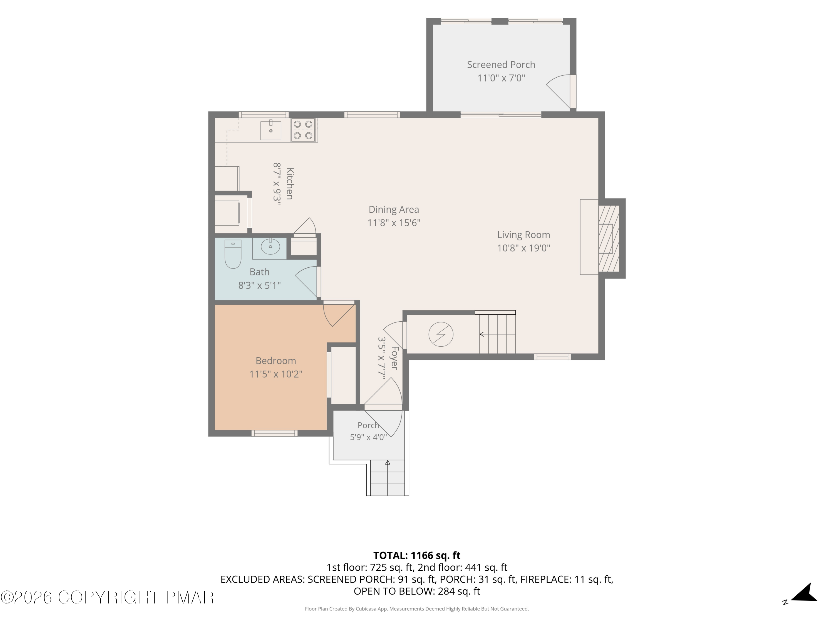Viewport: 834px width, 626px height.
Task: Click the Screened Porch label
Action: tap(501, 65)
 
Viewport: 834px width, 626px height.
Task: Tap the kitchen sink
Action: tap(271, 130)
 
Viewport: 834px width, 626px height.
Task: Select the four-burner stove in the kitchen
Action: tap(303, 130)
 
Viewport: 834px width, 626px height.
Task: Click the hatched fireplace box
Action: tap(609, 238)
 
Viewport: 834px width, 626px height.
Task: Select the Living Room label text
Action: tap(524, 235)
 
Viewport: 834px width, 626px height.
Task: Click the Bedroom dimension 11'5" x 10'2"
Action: tap(276, 374)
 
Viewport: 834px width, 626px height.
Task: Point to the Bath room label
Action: tap(259, 272)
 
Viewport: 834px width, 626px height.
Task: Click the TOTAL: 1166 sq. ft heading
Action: tap(417, 555)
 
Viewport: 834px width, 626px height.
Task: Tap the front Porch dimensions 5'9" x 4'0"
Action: tap(368, 437)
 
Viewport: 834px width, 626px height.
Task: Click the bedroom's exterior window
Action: tap(274, 433)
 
